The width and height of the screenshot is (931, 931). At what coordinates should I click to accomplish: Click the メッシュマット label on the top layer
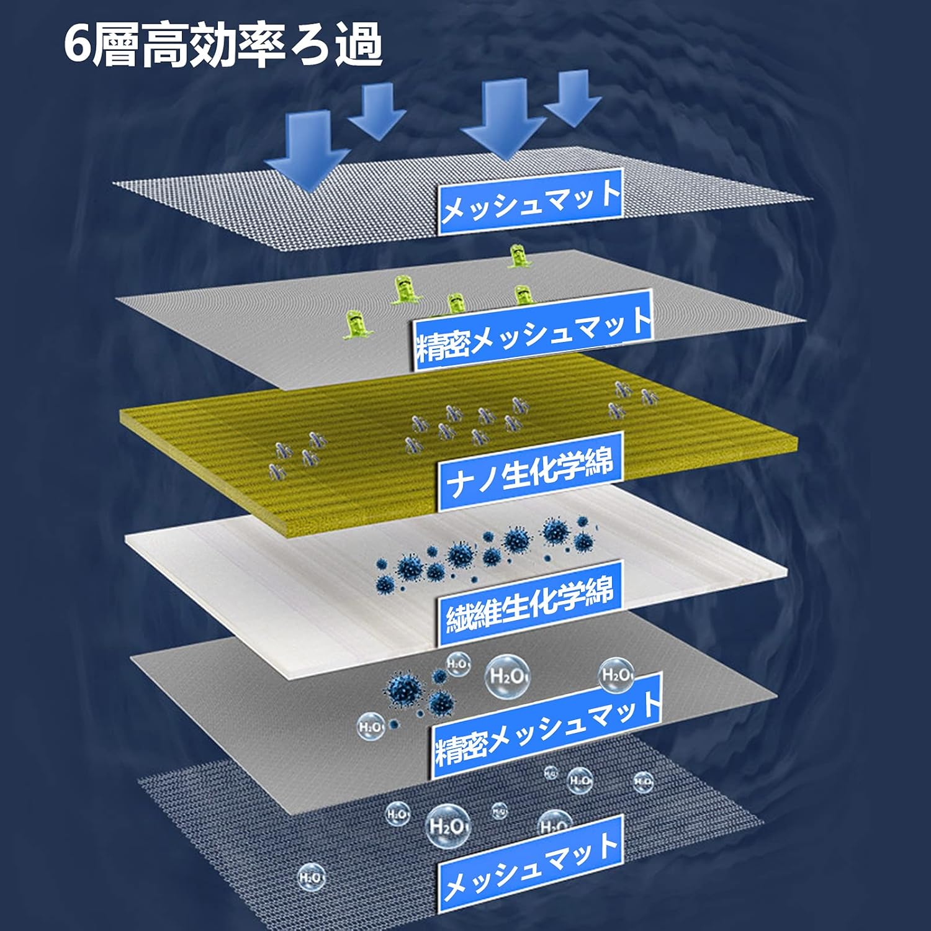531,201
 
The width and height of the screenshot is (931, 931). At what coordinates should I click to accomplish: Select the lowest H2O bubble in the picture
310,878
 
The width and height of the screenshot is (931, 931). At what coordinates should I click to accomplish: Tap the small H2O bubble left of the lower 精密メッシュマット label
370,727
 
